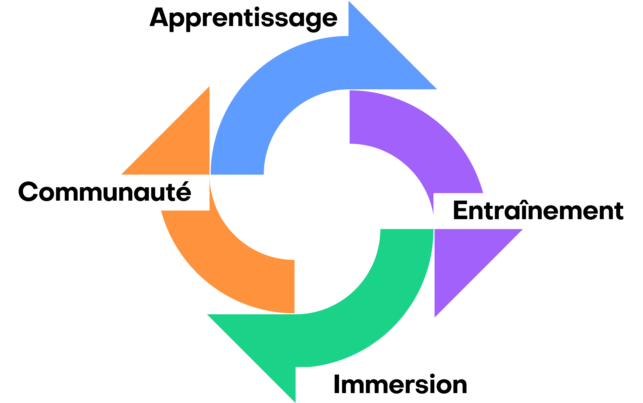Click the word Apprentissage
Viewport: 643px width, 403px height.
tap(243, 18)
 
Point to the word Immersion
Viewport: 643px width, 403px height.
tap(400, 384)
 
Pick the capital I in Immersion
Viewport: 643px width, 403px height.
tap(336, 384)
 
